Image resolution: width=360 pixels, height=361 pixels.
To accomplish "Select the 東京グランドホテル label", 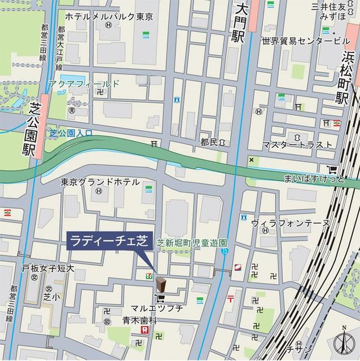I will [100, 182].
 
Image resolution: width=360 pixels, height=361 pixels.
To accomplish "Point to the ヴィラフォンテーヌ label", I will [290, 223].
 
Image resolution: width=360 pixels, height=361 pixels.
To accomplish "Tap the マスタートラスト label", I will [297, 145].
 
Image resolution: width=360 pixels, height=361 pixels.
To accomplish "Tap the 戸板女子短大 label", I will [48, 268].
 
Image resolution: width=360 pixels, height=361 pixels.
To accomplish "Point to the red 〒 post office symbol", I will [230, 298].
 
